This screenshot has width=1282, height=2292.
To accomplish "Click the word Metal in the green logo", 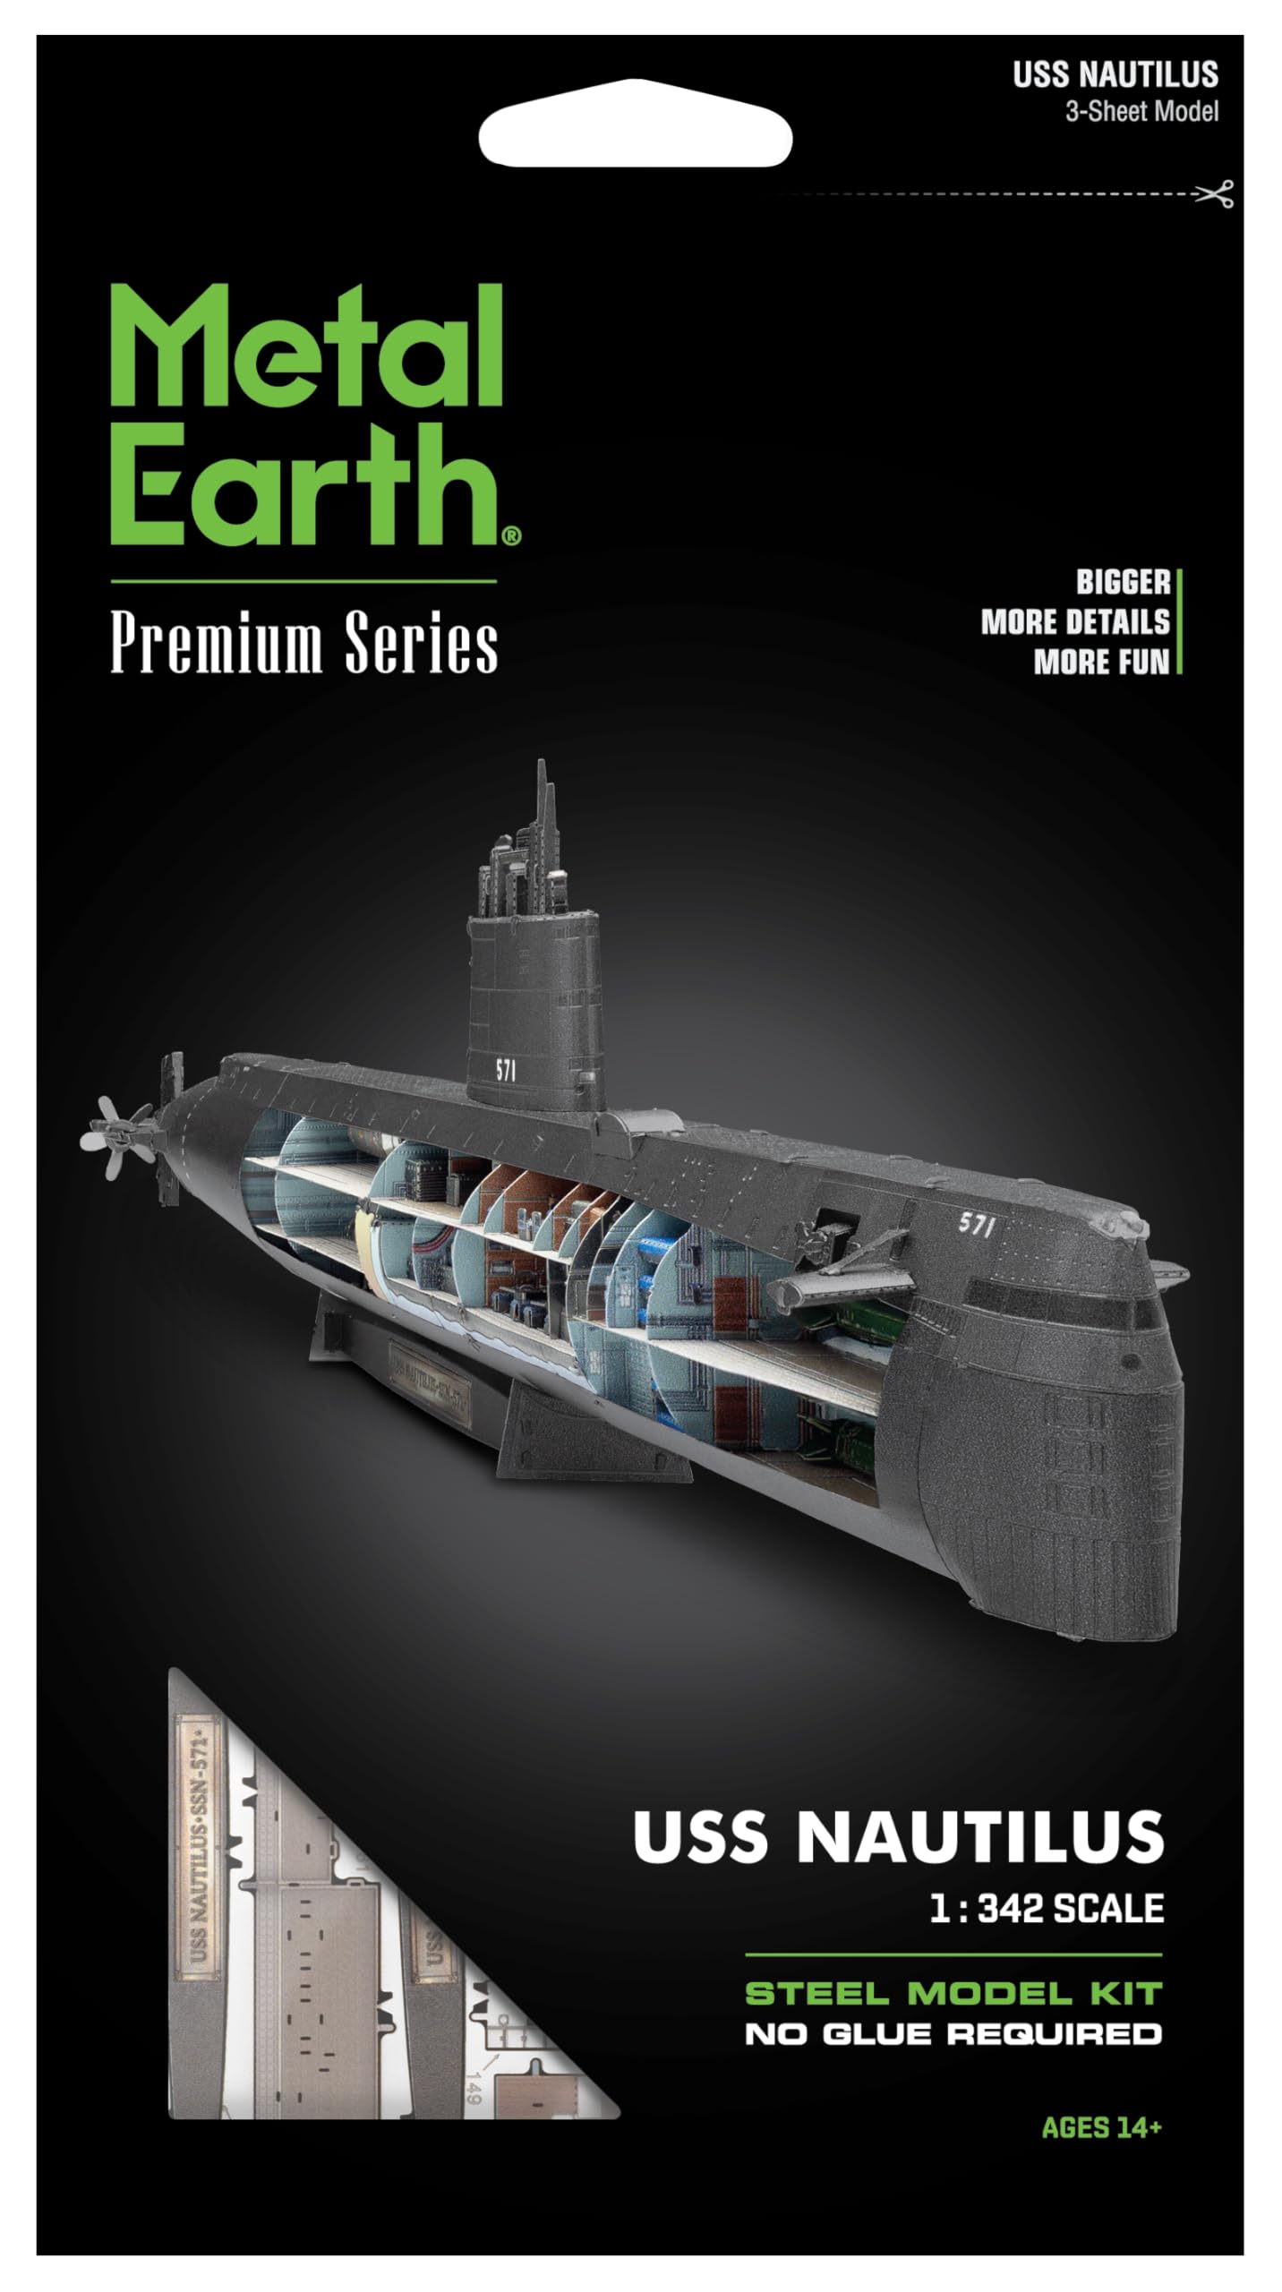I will [x=304, y=348].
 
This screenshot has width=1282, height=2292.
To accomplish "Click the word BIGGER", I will [x=1123, y=583].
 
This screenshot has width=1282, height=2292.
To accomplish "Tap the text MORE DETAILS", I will [x=1074, y=622].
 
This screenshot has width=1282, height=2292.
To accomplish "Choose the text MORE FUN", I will [x=1101, y=662].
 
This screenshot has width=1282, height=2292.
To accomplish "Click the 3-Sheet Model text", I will [x=1141, y=112].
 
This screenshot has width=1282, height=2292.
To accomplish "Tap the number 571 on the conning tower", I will [x=506, y=1070].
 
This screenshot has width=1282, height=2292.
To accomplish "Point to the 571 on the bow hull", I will [x=977, y=1225].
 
